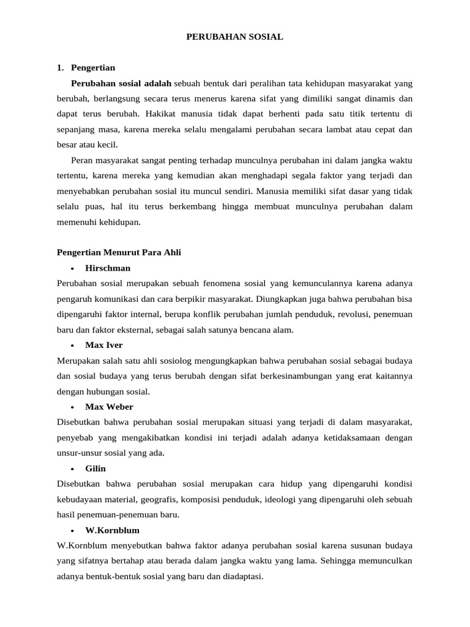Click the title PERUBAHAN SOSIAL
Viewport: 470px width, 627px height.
click(234, 37)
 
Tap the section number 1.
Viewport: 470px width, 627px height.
click(60, 67)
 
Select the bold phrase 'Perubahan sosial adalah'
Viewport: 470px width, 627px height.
click(121, 83)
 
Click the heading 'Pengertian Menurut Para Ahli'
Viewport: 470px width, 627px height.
click(119, 252)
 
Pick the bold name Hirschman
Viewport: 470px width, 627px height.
click(108, 268)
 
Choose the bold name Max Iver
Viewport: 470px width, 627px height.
click(104, 345)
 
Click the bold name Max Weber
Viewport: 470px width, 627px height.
click(109, 407)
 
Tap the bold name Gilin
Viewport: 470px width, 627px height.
click(95, 468)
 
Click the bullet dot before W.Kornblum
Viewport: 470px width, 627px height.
click(72, 530)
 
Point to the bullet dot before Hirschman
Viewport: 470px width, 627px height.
click(72, 268)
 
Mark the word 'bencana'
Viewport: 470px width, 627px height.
click(244, 329)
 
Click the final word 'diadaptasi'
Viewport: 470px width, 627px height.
click(242, 576)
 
